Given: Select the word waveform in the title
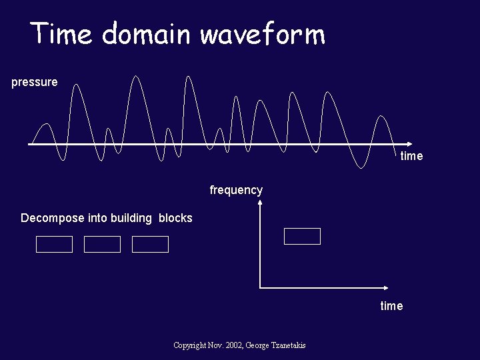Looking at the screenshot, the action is tap(263, 33).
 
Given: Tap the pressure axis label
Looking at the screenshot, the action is tap(35, 83).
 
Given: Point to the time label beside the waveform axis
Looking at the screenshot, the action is tap(411, 156).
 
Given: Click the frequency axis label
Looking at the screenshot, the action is tap(236, 190).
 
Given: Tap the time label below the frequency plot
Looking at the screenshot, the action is tap(391, 306).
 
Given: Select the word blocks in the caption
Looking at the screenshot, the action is tap(175, 219).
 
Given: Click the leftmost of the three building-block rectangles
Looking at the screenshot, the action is tap(54, 245).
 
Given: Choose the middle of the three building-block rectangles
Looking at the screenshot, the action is tap(102, 245).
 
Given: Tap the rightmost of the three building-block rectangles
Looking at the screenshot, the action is tap(150, 245).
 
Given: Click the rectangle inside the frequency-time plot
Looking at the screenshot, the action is tap(302, 237).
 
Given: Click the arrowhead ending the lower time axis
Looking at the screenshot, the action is tap(386, 288).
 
